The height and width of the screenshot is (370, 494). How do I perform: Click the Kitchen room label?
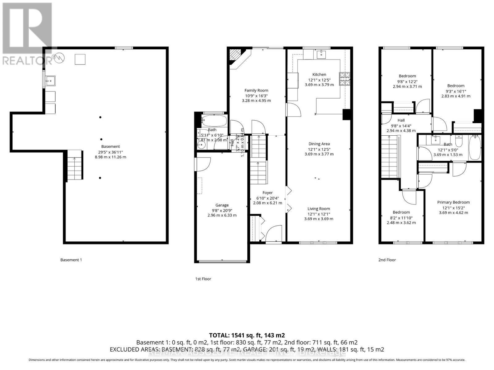pyautogui.click(x=319, y=74)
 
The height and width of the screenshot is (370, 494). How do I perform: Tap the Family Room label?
pyautogui.click(x=256, y=90)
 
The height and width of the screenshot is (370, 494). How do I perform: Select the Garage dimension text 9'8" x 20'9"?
pyautogui.click(x=222, y=210)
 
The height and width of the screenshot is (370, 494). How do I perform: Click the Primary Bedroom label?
pyautogui.click(x=453, y=202)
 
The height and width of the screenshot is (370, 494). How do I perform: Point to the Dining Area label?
pyautogui.click(x=319, y=144)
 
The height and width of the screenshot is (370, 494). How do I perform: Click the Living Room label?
pyautogui.click(x=319, y=209)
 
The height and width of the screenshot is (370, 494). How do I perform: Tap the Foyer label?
pyautogui.click(x=267, y=193)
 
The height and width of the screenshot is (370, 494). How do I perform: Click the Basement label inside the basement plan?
pyautogui.click(x=111, y=146)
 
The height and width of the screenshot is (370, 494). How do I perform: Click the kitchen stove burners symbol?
pyautogui.click(x=345, y=79)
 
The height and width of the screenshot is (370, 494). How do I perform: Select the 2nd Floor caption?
pyautogui.click(x=387, y=260)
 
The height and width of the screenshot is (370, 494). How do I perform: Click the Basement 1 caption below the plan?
pyautogui.click(x=71, y=260)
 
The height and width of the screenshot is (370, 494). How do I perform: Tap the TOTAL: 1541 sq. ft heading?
pyautogui.click(x=247, y=335)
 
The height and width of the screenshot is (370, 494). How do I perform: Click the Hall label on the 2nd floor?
pyautogui.click(x=401, y=120)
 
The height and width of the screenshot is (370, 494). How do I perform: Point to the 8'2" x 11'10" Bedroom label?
pyautogui.click(x=401, y=212)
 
